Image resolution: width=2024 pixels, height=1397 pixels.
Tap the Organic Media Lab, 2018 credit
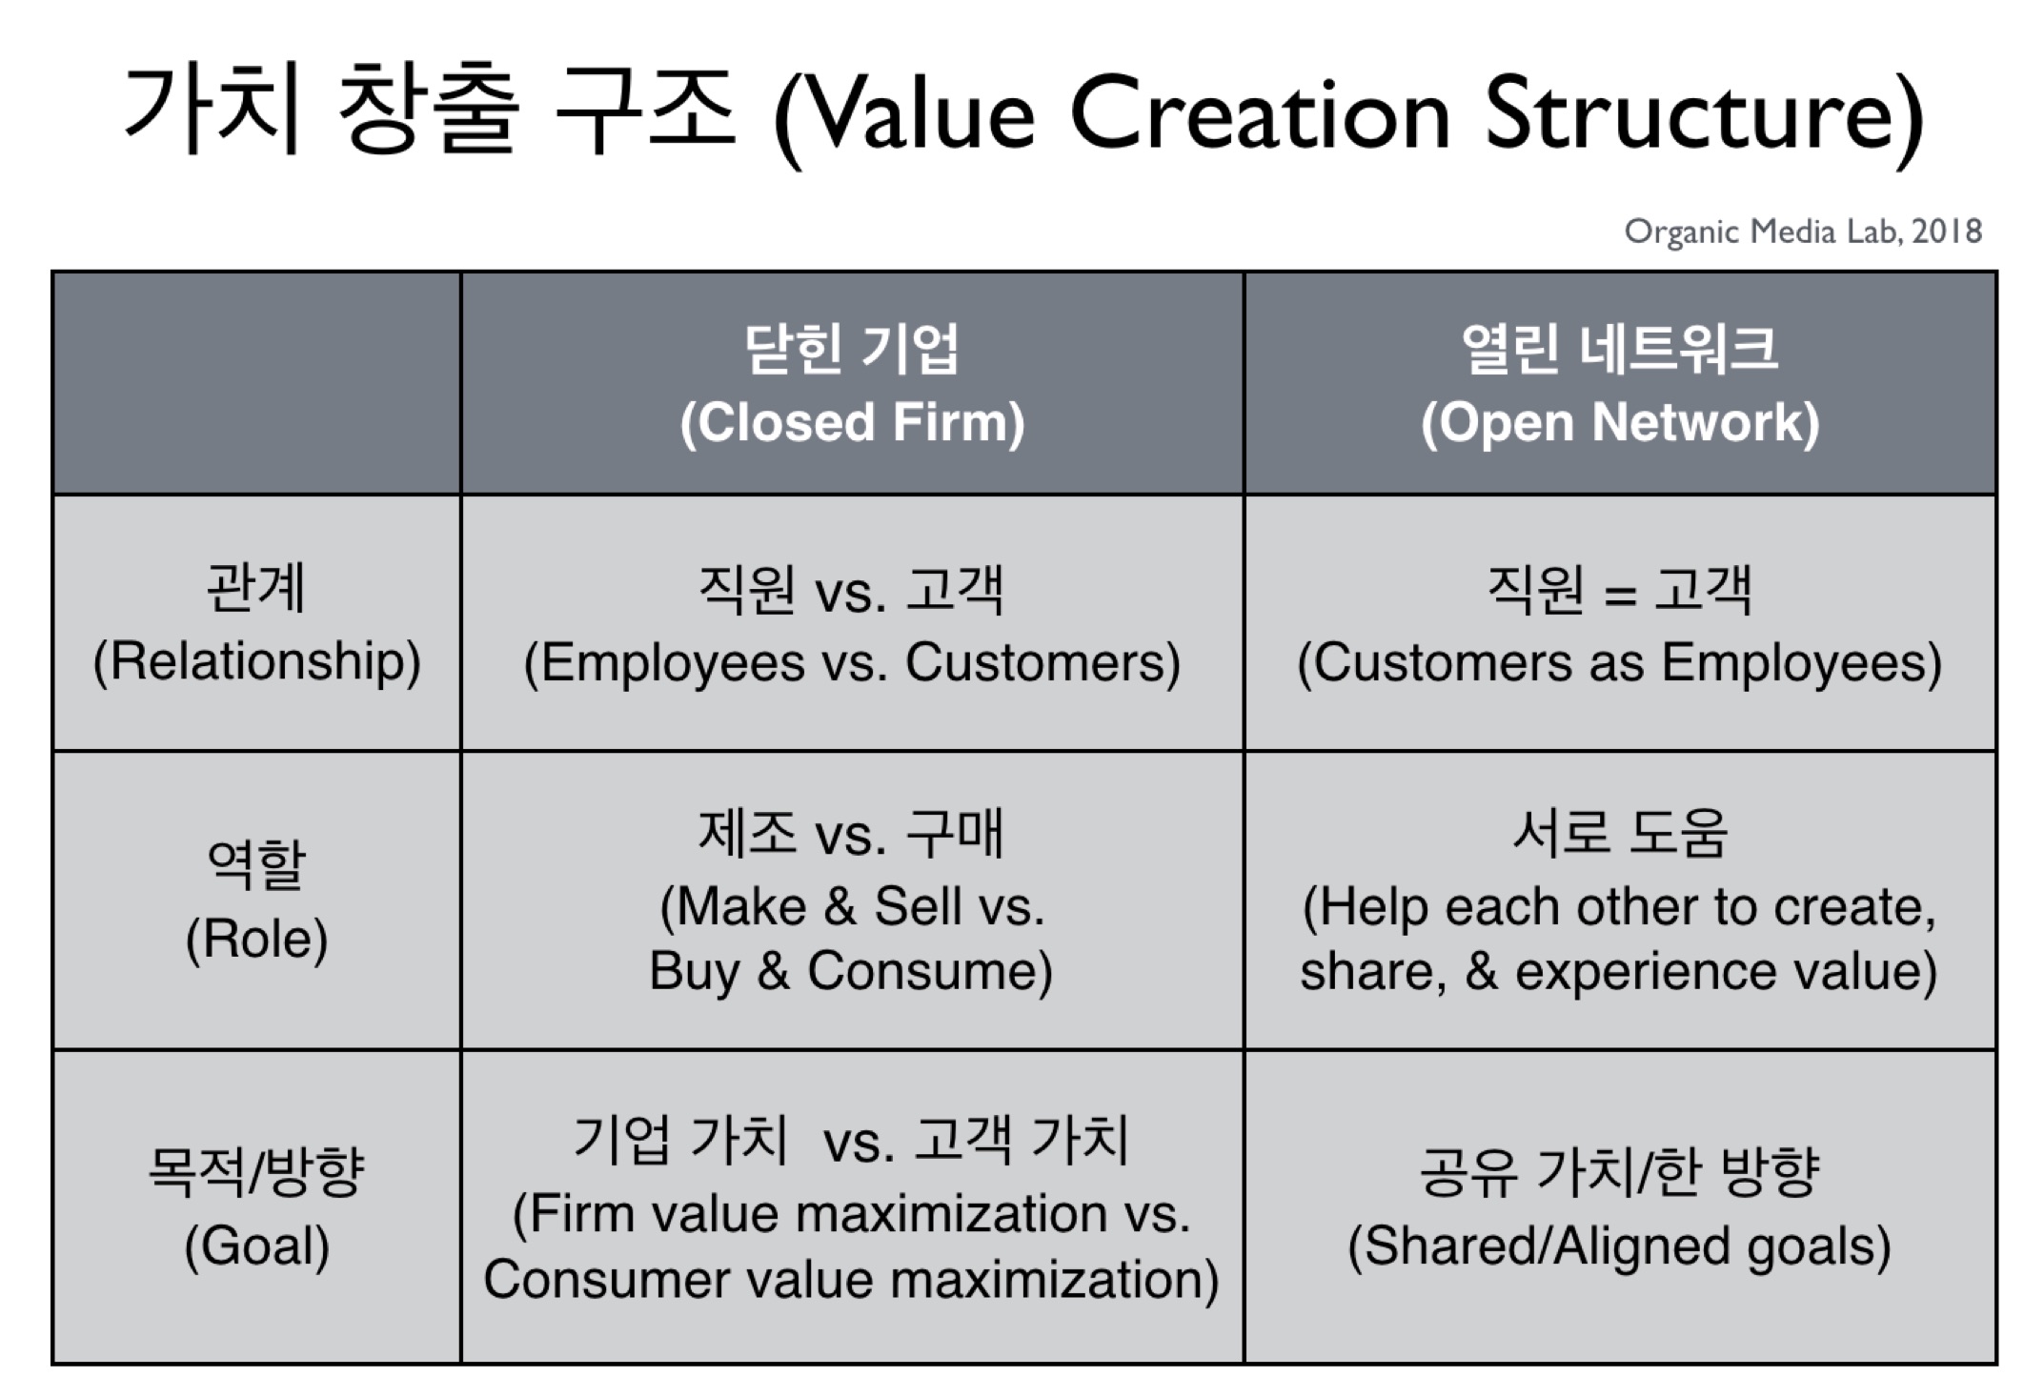point(1803,232)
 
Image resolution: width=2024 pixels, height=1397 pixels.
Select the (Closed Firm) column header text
point(852,423)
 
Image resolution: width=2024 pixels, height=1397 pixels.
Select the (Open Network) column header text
point(1620,423)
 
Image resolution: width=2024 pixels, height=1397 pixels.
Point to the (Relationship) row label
point(256,661)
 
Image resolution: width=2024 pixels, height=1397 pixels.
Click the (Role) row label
point(256,940)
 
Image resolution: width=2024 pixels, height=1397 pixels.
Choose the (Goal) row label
point(256,1246)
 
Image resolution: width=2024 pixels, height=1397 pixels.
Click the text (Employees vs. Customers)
point(852,663)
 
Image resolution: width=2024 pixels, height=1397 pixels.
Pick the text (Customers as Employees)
point(1620,663)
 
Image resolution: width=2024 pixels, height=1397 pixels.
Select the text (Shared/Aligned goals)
point(1619,1246)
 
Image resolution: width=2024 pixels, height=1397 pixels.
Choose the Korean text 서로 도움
point(1619,833)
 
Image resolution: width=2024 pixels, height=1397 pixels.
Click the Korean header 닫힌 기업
point(851,349)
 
